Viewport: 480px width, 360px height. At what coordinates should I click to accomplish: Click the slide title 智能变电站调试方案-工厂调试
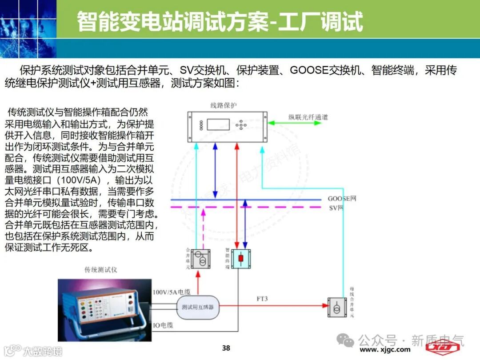click(220, 21)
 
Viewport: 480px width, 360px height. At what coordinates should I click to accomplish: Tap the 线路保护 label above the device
click(224, 105)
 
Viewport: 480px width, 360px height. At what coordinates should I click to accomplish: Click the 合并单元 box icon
click(199, 259)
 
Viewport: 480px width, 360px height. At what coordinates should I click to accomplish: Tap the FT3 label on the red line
click(262, 299)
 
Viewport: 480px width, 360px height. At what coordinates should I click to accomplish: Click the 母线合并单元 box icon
click(337, 306)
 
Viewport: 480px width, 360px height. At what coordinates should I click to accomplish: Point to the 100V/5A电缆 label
click(172, 292)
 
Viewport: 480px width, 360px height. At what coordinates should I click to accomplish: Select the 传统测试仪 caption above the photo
click(101, 270)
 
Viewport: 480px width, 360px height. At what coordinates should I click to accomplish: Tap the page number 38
click(226, 348)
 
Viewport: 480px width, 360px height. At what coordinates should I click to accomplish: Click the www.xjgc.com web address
click(385, 350)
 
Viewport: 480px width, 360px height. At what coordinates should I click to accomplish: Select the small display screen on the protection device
click(218, 124)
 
